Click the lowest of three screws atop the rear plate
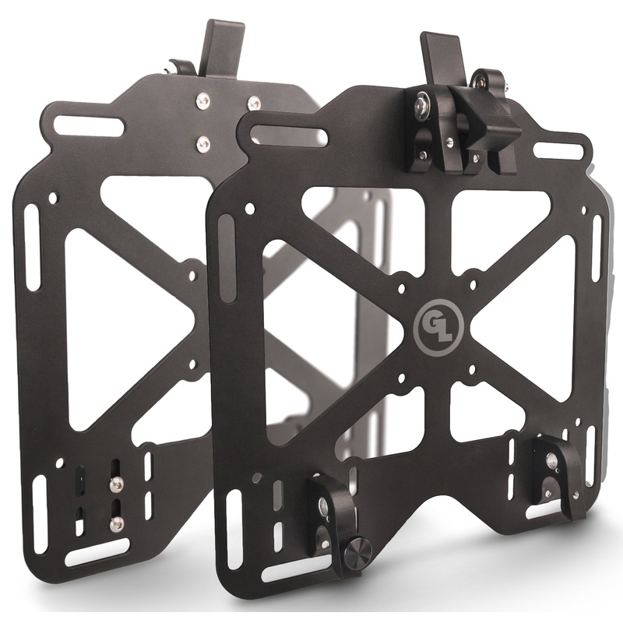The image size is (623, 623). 204,142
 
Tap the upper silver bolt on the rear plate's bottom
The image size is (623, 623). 116,484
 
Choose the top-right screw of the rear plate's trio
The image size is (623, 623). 253,102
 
